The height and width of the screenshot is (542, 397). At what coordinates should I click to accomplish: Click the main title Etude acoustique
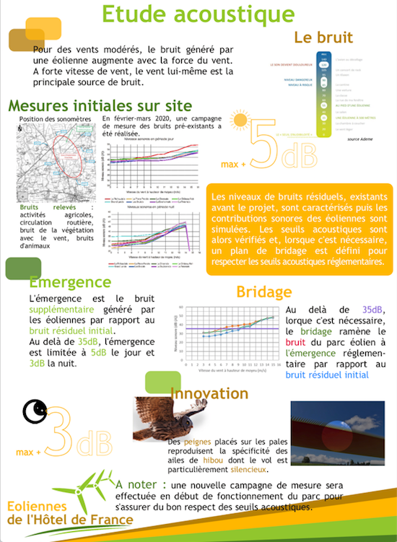point(198,14)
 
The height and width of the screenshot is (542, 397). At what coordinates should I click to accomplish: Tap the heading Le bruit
point(323,38)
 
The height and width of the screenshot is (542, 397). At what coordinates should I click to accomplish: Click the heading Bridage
point(264,292)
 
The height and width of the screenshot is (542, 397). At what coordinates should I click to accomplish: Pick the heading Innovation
point(209,393)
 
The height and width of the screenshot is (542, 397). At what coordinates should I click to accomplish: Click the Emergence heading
point(70,282)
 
